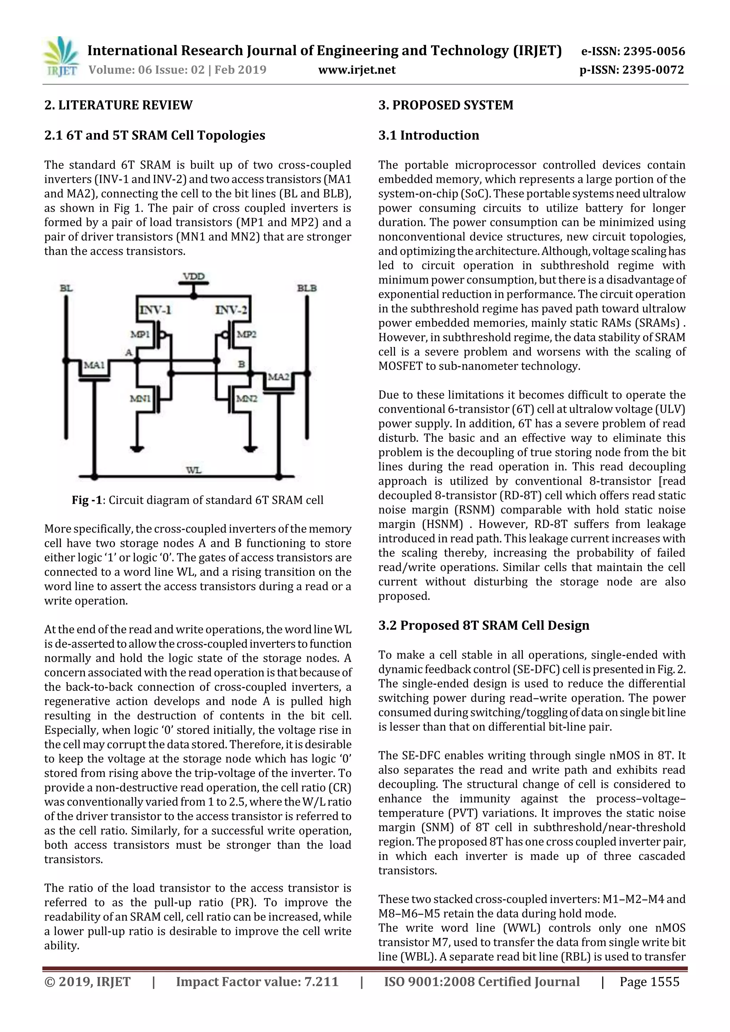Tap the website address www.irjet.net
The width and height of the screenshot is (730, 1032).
[357, 70]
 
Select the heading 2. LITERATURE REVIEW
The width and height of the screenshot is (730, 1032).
[118, 105]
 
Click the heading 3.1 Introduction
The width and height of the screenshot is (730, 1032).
[429, 135]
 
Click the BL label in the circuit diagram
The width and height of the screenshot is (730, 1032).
[66, 288]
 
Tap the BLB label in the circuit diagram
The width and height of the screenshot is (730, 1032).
[307, 288]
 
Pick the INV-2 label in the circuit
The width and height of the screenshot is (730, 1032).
[231, 310]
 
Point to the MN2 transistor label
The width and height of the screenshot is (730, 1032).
[246, 398]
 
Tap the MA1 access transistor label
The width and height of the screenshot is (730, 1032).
[94, 365]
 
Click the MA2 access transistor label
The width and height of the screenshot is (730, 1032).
[279, 377]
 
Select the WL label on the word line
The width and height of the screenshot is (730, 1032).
[194, 470]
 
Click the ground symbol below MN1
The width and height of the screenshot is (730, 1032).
[137, 448]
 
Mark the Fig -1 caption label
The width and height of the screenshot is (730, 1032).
[87, 500]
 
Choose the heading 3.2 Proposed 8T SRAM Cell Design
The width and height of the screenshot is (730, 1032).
[484, 625]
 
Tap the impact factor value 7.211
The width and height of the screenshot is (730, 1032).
[321, 982]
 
